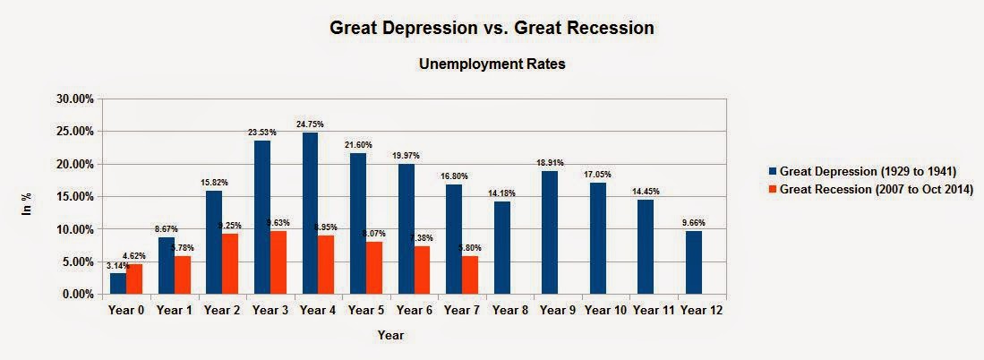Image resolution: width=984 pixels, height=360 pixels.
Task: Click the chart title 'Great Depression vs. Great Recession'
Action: [x=492, y=29]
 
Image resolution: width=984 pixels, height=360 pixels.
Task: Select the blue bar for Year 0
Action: [x=118, y=284]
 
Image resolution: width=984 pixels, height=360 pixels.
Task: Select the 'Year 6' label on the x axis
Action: [x=415, y=310]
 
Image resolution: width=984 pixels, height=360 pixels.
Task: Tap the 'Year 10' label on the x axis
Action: [x=605, y=310]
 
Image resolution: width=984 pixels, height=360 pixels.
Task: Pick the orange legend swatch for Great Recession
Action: [x=772, y=189]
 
